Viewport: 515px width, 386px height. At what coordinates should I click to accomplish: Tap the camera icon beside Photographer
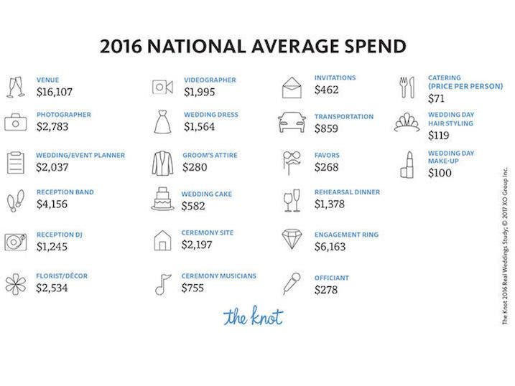tap(16, 122)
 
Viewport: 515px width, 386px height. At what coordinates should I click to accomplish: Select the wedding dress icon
tap(162, 122)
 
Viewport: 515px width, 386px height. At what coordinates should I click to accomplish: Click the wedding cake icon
tap(162, 199)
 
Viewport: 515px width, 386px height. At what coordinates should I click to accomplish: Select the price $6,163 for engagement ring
tap(330, 246)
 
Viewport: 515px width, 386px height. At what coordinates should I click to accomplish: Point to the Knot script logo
tap(253, 316)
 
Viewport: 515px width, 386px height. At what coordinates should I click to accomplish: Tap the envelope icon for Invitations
tap(290, 87)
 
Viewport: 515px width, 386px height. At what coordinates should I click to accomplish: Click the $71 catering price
tap(437, 98)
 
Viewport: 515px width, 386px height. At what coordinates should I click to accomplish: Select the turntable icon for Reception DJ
tap(16, 242)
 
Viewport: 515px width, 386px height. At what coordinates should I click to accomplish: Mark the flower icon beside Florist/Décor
tap(16, 283)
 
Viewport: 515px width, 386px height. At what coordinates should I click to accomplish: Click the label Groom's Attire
tap(208, 154)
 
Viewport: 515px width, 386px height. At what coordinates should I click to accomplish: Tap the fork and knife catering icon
tap(407, 86)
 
